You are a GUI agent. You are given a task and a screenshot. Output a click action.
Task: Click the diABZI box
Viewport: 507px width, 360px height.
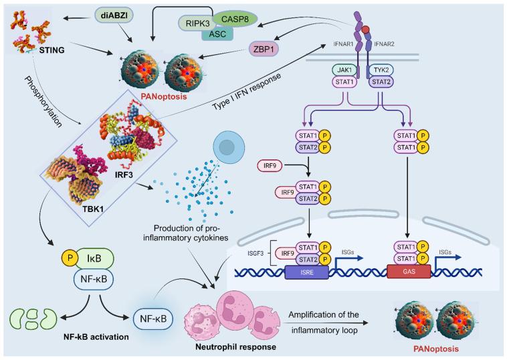pos(114,15)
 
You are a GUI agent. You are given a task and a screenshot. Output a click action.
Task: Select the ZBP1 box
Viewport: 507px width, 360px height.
pos(264,49)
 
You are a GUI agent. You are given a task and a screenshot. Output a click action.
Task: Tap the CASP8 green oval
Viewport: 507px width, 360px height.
pos(235,19)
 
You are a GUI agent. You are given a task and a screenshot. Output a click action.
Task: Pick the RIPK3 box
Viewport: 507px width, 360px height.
pos(197,23)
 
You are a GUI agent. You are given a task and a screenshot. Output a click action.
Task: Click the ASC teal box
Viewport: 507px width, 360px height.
pos(217,34)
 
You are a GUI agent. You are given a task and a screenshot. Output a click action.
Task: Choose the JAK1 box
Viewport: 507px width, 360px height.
pos(344,70)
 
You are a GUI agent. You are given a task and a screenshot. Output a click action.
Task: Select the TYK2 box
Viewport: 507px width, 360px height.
pos(381,70)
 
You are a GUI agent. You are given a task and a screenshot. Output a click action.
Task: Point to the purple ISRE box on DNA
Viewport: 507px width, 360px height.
pos(306,272)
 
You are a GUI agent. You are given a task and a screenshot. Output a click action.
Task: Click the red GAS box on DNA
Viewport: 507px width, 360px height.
pos(409,272)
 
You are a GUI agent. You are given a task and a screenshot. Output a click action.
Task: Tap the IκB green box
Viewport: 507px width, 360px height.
pos(94,258)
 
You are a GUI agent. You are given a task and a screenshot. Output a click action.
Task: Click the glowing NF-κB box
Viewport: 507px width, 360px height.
pos(153,319)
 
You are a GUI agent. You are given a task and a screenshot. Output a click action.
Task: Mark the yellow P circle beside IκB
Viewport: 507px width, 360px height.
pos(70,258)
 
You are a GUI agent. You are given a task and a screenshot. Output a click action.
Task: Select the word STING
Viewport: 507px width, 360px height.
pos(52,50)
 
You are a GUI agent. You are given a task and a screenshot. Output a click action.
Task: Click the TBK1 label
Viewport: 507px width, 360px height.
pos(92,209)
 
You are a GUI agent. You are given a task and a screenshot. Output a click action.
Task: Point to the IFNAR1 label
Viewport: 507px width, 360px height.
pos(343,43)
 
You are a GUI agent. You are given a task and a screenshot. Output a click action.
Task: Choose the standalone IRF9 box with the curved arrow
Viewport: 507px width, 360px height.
pos(269,166)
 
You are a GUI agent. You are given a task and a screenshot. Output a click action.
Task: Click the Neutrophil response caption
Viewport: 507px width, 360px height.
pos(235,347)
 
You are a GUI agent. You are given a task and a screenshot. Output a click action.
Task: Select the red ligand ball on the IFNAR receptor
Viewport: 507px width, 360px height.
pos(366,29)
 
